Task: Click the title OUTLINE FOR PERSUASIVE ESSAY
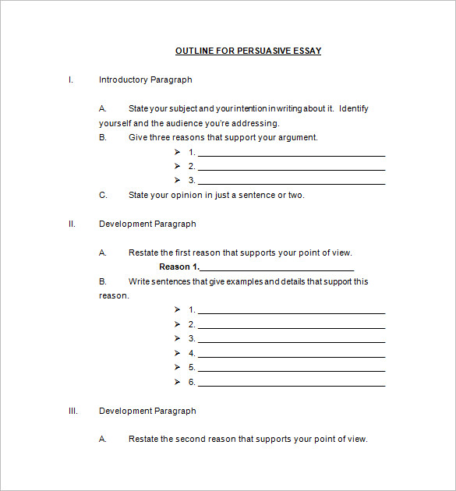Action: coord(248,51)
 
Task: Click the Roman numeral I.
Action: coord(71,79)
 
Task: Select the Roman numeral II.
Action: coord(72,224)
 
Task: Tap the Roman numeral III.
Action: coord(72,411)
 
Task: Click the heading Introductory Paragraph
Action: coord(145,79)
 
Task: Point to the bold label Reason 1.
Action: coord(179,267)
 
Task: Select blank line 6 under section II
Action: coord(292,384)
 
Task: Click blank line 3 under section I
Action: coord(292,182)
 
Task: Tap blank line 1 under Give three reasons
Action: coord(292,154)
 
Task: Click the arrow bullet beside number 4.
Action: coord(179,353)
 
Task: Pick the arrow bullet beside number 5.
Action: coord(179,367)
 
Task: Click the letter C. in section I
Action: coord(103,195)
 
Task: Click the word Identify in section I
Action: coord(355,108)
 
